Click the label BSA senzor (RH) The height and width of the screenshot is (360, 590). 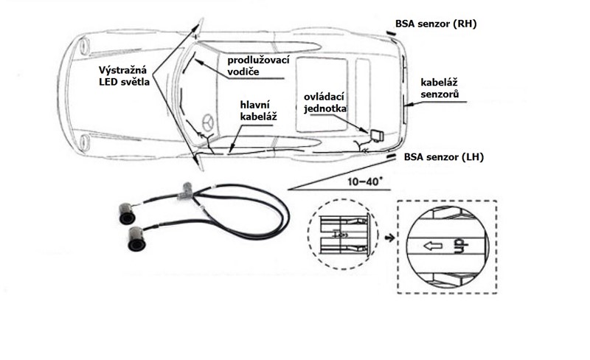[437, 24]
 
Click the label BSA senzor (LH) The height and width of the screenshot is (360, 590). [441, 157]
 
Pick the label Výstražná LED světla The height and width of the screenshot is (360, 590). [125, 76]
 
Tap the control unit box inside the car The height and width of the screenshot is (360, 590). [377, 135]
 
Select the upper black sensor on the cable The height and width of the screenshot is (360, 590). [126, 213]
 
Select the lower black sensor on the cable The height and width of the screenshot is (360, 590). [136, 238]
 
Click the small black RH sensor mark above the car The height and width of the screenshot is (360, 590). [389, 33]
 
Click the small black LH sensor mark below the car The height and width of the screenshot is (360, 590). [391, 155]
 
